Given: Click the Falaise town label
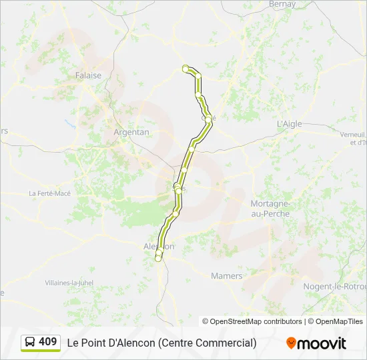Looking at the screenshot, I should click(88, 75).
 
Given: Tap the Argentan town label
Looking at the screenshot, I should click(131, 132).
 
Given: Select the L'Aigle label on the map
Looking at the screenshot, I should click(289, 124).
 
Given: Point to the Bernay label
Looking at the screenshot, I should click(282, 4).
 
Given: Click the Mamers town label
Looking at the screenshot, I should click(226, 275).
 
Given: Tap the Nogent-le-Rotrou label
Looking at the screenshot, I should click(335, 286).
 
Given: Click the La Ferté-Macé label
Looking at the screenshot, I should click(49, 193).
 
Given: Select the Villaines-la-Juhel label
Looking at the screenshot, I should click(69, 283).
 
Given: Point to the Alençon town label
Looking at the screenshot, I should click(159, 246).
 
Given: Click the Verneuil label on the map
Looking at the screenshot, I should click(353, 135).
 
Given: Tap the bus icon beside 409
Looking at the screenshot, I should click(30, 342).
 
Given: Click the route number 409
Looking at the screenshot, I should click(48, 341).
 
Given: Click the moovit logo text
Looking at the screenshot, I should click(322, 343).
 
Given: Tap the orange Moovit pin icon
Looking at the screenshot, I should click(291, 343).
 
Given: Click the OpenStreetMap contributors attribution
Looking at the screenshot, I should click(252, 321).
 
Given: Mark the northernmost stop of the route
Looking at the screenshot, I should click(186, 67).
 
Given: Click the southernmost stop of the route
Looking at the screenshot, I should click(158, 258).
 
